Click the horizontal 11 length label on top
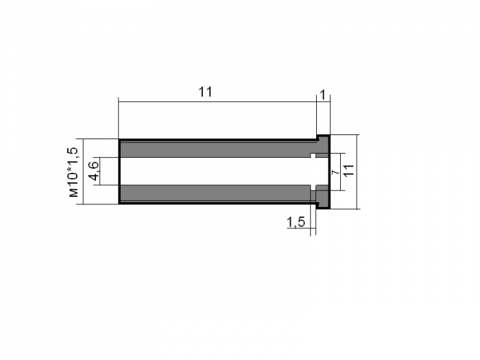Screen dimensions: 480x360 (205, 92)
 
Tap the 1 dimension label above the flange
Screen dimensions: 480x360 (323, 95)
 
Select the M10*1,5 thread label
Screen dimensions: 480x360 (73, 172)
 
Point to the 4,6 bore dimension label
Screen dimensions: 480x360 (94, 171)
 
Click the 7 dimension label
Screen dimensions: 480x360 (336, 172)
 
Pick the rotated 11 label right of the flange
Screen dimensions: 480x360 (348, 170)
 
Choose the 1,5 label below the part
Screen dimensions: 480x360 (296, 221)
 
